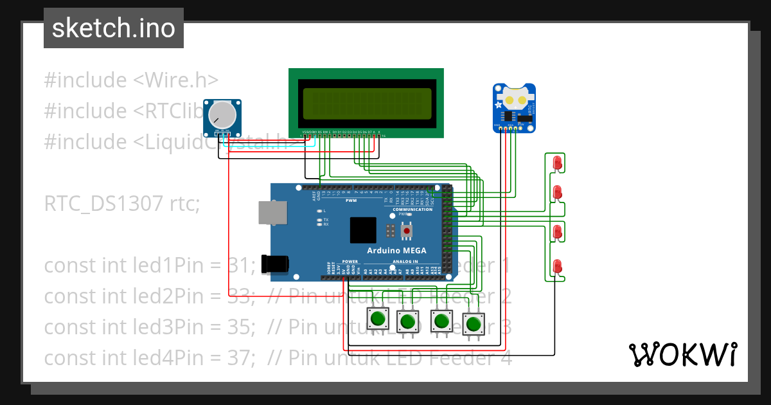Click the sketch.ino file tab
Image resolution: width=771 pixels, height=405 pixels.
click(113, 28)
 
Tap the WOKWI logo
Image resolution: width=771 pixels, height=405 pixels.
click(682, 354)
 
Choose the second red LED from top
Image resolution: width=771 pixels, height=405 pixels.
click(557, 192)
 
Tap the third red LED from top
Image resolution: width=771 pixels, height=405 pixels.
click(557, 232)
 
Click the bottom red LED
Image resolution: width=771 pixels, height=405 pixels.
click(557, 265)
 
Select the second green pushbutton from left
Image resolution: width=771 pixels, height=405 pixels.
click(407, 320)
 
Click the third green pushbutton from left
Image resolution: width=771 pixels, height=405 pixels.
click(441, 320)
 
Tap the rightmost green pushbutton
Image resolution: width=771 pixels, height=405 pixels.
click(474, 323)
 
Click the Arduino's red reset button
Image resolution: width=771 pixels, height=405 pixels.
click(406, 230)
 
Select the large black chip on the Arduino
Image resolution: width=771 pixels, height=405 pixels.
click(363, 230)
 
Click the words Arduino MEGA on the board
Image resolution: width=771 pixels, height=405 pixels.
click(396, 250)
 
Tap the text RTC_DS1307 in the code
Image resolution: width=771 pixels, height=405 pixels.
click(104, 204)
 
